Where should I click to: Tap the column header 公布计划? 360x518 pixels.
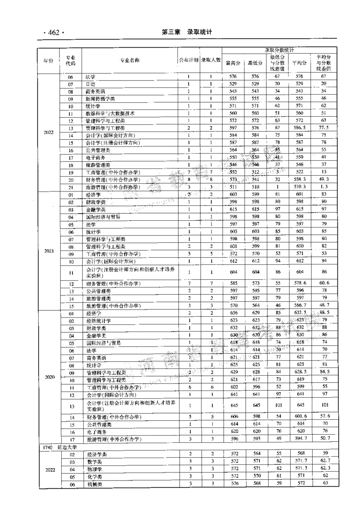(189, 60)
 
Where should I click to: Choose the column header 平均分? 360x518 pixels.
(300, 63)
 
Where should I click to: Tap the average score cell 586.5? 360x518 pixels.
(300, 128)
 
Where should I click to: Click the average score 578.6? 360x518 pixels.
(300, 283)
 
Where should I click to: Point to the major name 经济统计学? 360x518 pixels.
(98, 321)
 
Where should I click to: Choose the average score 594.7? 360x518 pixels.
(300, 439)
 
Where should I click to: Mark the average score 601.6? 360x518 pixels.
(300, 417)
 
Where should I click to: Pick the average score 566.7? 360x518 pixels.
(300, 305)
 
